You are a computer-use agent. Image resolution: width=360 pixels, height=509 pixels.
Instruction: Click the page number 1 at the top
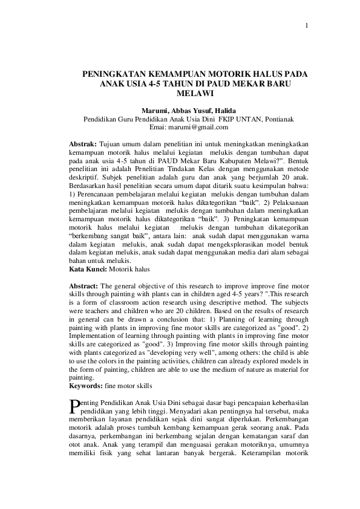pyautogui.click(x=308, y=26)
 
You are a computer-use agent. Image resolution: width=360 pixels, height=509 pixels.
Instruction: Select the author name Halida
pyautogui.click(x=223, y=111)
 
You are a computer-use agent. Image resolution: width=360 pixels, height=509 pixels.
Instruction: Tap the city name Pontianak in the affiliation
pyautogui.click(x=278, y=119)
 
